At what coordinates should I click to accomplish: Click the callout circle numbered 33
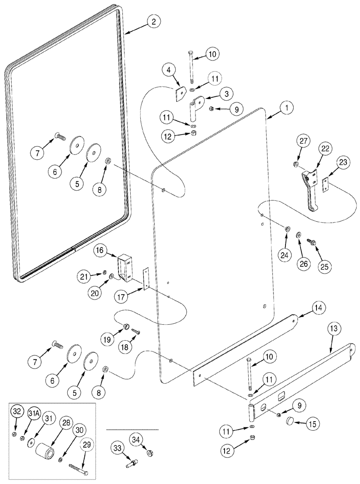tap(119, 446)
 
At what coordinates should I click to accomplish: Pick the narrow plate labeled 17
tap(146, 279)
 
